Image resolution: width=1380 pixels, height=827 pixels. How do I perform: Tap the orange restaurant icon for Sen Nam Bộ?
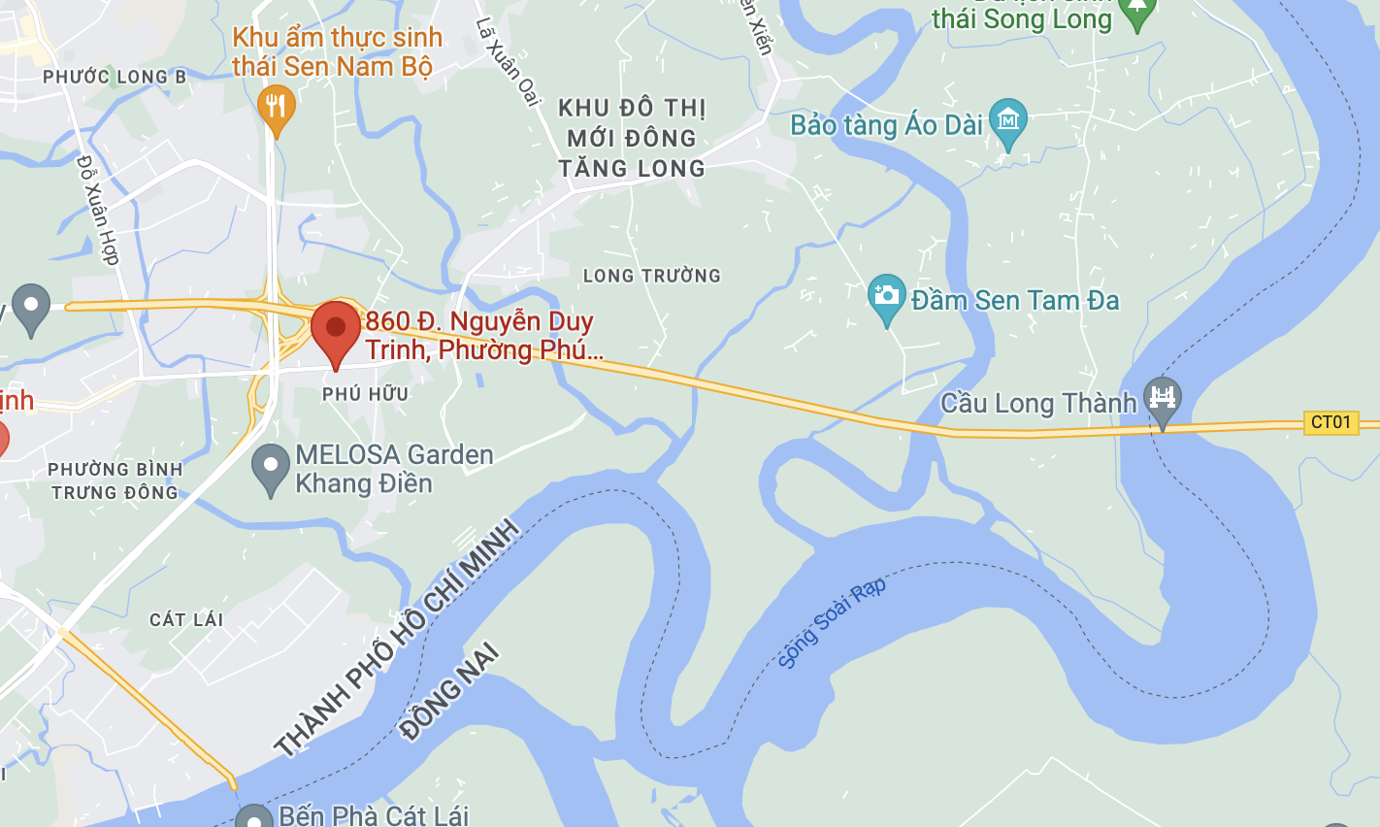pyautogui.click(x=277, y=107)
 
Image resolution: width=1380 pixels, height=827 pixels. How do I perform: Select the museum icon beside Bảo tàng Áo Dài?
pyautogui.click(x=1008, y=120)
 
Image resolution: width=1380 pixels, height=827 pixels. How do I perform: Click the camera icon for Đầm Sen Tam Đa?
pyautogui.click(x=886, y=295)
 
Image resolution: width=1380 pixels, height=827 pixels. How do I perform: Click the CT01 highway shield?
pyautogui.click(x=1331, y=422)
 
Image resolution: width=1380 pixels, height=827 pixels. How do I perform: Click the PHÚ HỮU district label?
pyautogui.click(x=366, y=394)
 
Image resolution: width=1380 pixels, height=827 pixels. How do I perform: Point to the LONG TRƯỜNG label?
pyautogui.click(x=652, y=277)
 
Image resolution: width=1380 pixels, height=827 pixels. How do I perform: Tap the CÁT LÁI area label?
pyautogui.click(x=186, y=619)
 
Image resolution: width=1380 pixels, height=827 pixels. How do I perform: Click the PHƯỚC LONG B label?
pyautogui.click(x=115, y=77)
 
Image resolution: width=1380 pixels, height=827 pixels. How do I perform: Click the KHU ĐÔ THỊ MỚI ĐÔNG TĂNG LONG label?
pyautogui.click(x=632, y=138)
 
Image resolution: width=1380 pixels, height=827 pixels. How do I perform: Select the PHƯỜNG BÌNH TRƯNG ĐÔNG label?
pyautogui.click(x=115, y=480)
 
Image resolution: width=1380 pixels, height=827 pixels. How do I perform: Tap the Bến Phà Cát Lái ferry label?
pyautogui.click(x=374, y=815)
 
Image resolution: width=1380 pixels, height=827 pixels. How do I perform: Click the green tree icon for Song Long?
pyautogui.click(x=1136, y=12)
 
